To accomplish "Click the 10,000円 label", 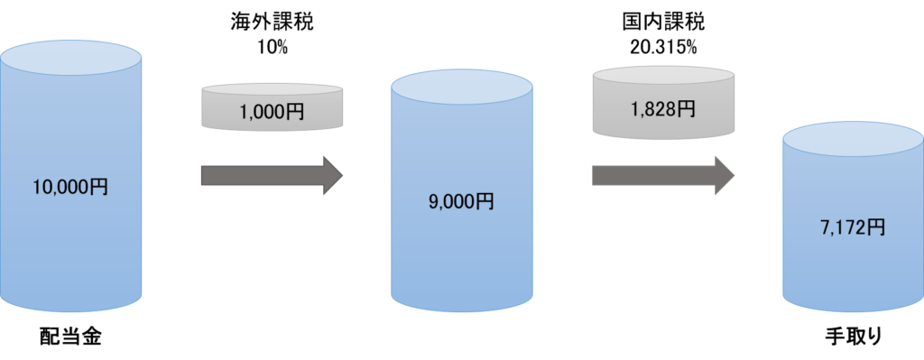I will coord(69,188).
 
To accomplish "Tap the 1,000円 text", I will coord(273,115).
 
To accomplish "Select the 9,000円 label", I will coord(460,201).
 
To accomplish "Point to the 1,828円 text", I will coord(662,109).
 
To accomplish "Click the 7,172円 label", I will coord(852,227).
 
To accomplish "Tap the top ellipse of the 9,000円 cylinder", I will coord(461,88).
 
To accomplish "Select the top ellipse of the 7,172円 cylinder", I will coord(853,141).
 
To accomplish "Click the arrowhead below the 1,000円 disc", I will coord(332,175).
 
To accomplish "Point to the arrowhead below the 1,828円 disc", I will coord(724,175).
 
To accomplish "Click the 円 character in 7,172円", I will coord(876,227).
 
